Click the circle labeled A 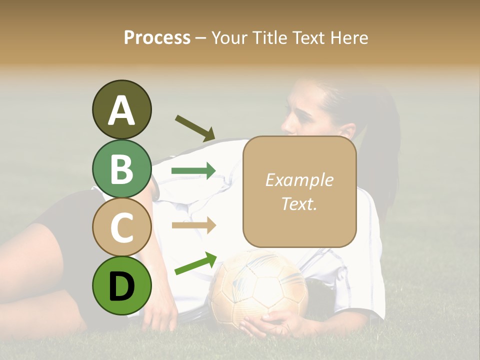click(x=121, y=109)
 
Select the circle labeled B click(x=121, y=168)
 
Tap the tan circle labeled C click(x=121, y=227)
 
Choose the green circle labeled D click(x=121, y=285)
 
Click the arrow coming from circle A click(x=194, y=127)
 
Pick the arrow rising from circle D click(x=195, y=263)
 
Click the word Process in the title click(x=157, y=37)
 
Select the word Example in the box click(x=299, y=180)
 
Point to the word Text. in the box click(x=299, y=204)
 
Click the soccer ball click(x=257, y=287)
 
